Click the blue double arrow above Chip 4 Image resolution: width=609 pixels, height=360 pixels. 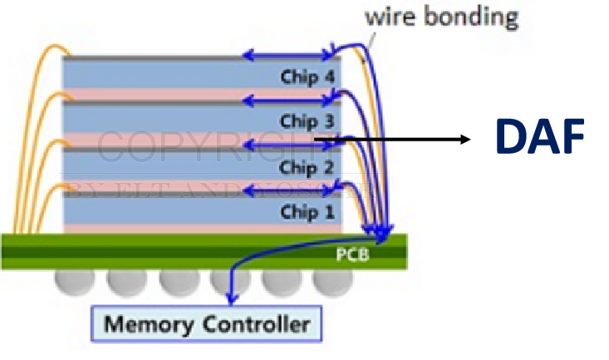287,56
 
